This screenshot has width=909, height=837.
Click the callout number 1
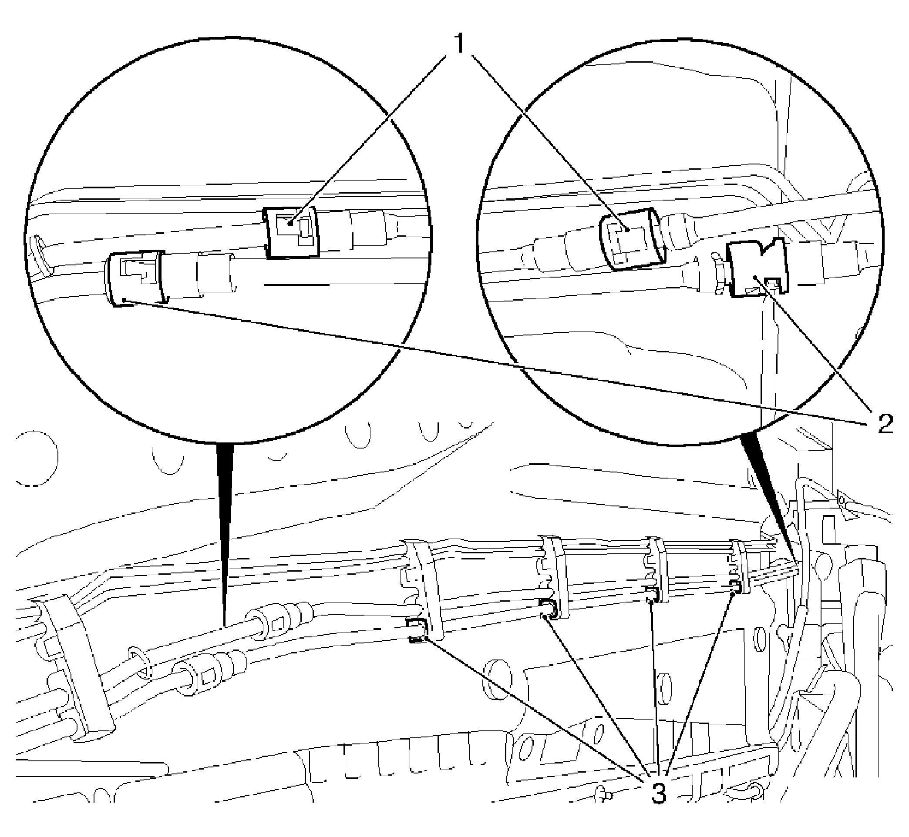(459, 44)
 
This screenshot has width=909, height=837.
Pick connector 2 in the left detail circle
(136, 278)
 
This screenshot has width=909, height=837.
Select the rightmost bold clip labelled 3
(736, 586)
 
